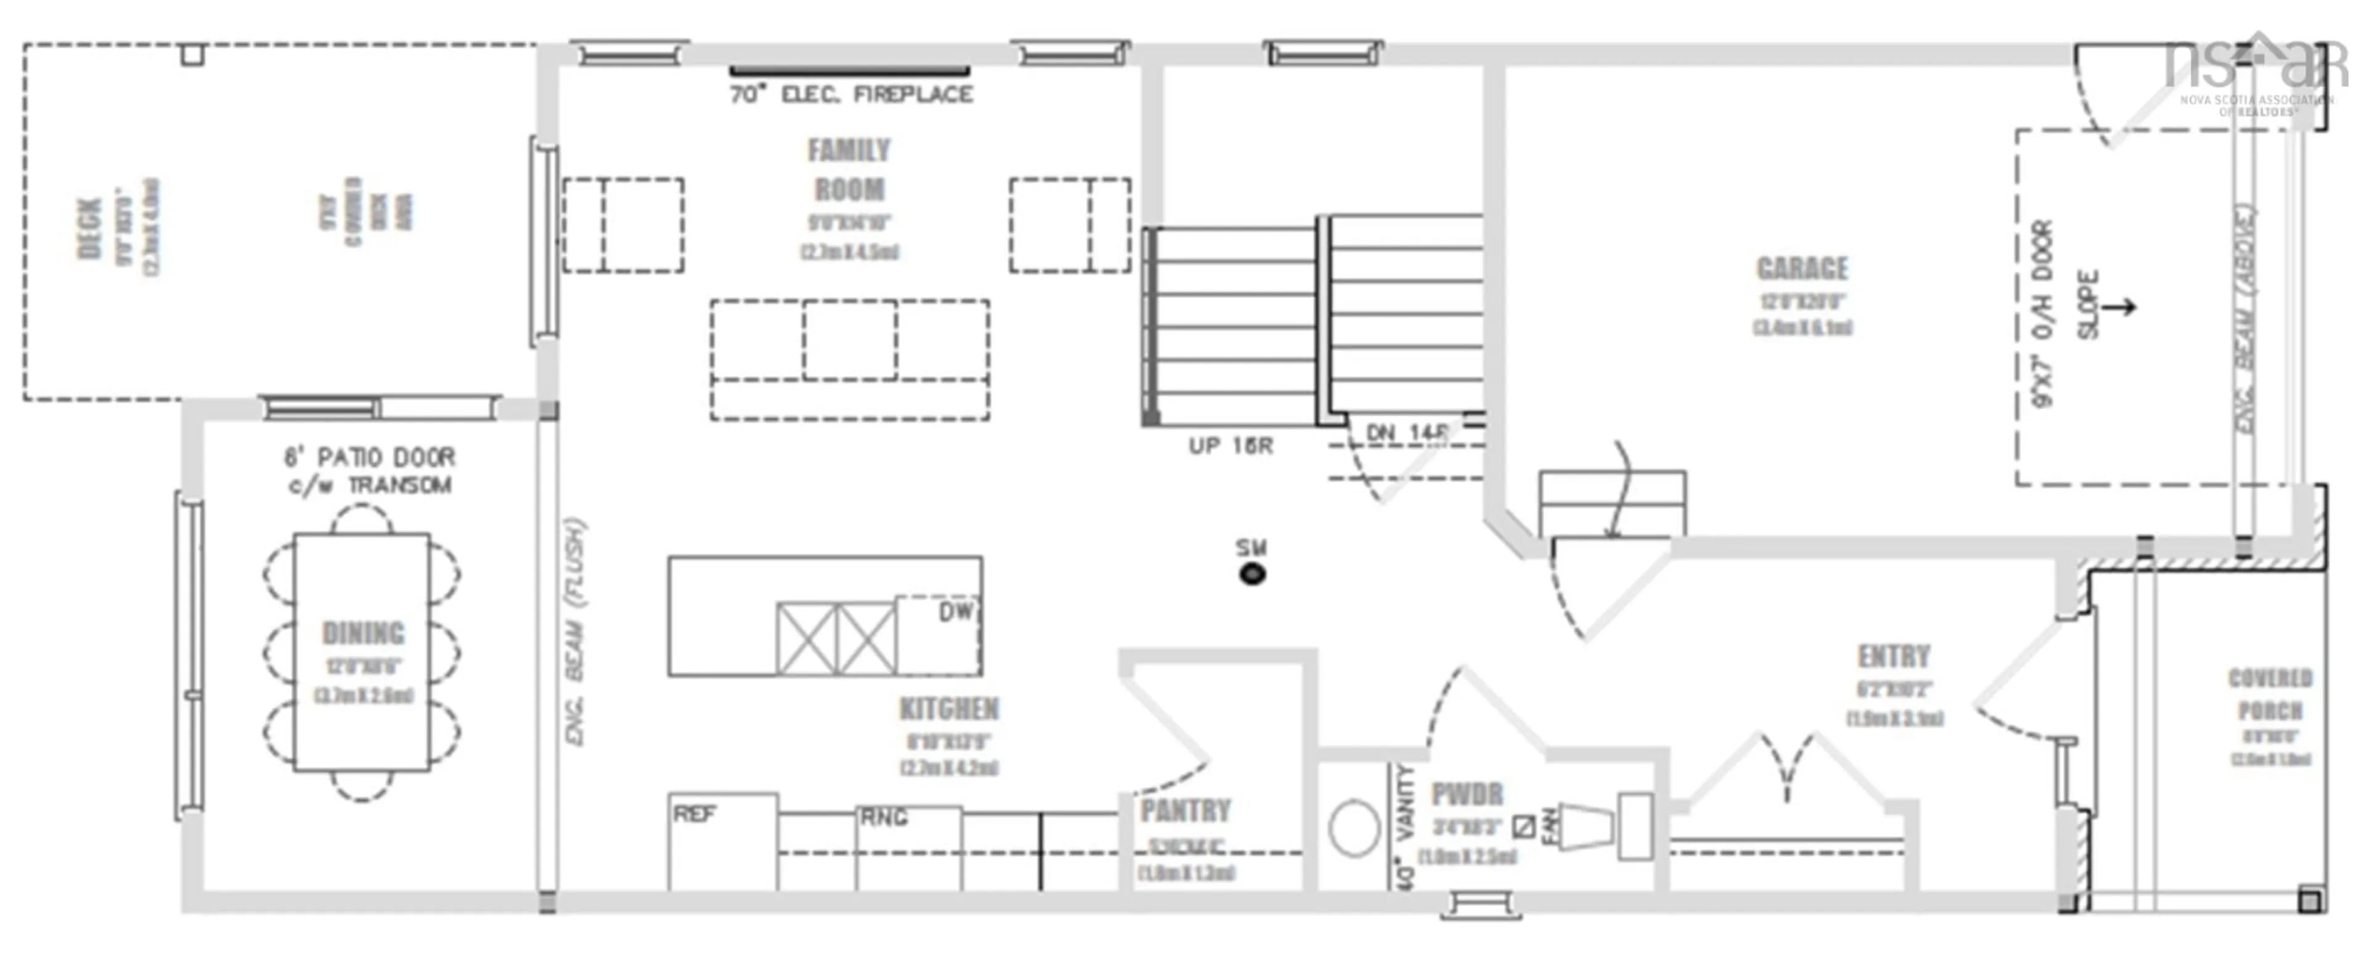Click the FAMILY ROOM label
click(x=849, y=170)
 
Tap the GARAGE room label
click(x=1802, y=268)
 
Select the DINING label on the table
click(x=363, y=634)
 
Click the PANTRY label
click(x=1185, y=811)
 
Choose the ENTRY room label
click(x=1894, y=656)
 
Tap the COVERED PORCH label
click(x=2270, y=694)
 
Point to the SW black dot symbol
click(x=1251, y=574)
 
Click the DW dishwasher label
click(x=955, y=612)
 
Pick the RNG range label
click(x=883, y=817)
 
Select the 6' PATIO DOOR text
click(x=369, y=457)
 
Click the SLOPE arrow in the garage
click(x=2118, y=306)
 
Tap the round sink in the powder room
click(x=1354, y=828)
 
